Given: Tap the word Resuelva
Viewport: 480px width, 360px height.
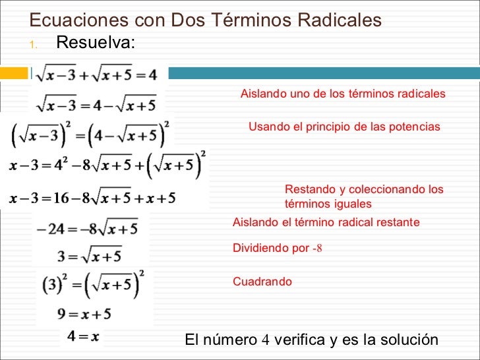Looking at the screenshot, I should [x=96, y=43].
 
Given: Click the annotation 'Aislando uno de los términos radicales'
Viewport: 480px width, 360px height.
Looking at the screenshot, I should [x=343, y=94].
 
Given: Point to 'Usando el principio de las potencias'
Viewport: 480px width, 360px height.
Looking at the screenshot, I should [x=344, y=126].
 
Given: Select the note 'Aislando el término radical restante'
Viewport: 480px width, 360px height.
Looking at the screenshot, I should [x=326, y=223].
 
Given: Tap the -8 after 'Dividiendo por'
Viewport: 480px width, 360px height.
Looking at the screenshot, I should [x=316, y=249].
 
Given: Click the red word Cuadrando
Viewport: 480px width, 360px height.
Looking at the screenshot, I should [x=262, y=282].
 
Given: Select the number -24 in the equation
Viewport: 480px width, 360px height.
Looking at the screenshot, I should [x=50, y=230].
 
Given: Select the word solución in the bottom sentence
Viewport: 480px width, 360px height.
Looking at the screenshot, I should [x=409, y=340].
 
